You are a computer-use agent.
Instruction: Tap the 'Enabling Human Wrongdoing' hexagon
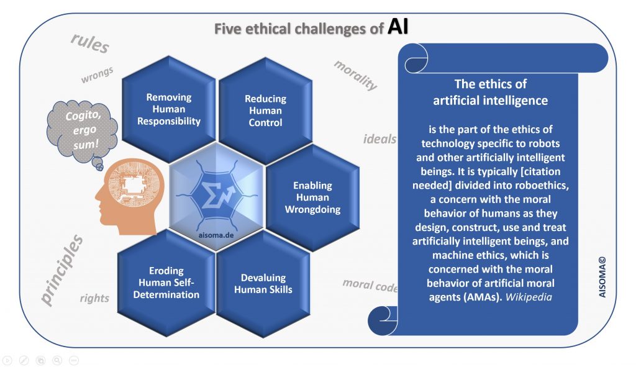tap(312, 197)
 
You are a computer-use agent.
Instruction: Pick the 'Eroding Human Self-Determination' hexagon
tap(165, 282)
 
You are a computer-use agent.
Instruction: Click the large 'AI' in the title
tap(397, 28)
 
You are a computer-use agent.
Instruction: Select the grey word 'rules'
tap(90, 43)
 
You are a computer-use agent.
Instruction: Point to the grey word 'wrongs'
tap(97, 75)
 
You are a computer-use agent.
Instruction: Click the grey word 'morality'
tap(356, 75)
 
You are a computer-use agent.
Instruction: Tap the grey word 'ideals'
tap(379, 138)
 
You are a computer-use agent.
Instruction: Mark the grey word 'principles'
tap(63, 270)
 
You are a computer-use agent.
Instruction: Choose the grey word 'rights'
tap(94, 298)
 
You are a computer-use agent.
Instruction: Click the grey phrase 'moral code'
tap(369, 285)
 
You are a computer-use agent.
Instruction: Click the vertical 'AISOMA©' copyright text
tap(602, 271)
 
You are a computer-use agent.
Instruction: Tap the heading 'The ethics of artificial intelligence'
tap(490, 91)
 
